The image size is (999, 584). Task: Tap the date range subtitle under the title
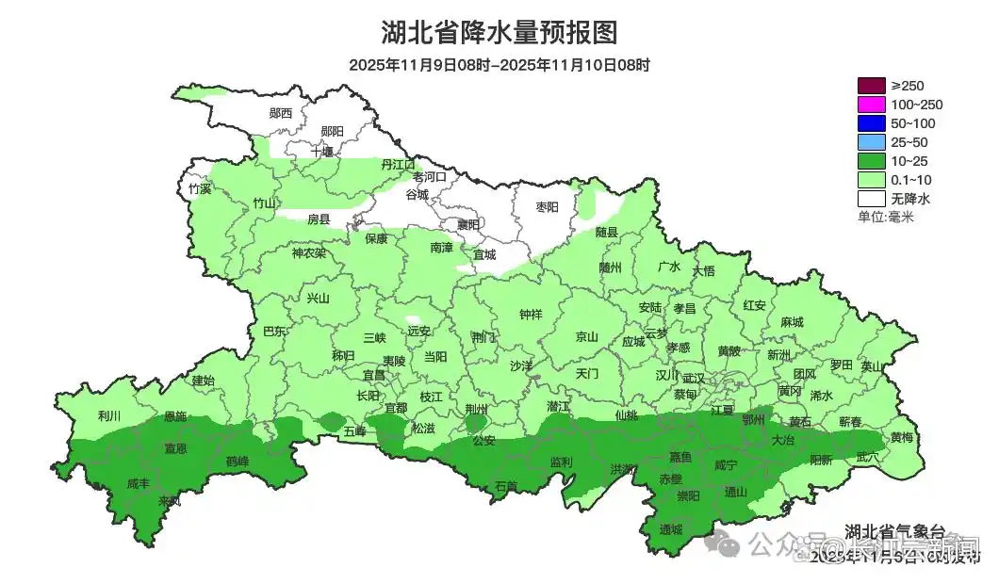pos(499,65)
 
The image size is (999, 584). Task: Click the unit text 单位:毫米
pos(885,217)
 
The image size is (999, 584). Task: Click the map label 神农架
pos(308,253)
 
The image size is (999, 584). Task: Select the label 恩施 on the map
pos(175,415)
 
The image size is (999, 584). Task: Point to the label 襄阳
pos(467,224)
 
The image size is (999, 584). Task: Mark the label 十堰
pos(322,151)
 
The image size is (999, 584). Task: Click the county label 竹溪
pos(200,188)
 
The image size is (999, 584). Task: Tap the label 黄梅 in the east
pos(902,437)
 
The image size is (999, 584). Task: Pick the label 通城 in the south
pos(670,529)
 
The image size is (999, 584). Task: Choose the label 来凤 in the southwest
pos(170,500)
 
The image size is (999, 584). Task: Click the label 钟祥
pos(532,315)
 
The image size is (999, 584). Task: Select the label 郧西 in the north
pos(281,113)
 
